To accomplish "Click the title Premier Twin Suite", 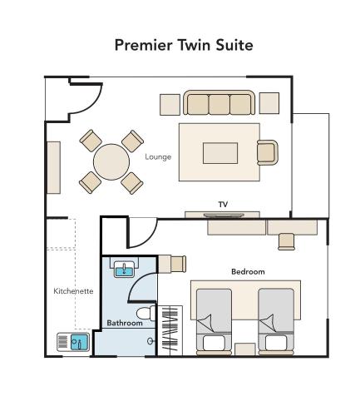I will [x=183, y=45].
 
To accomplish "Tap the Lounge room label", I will [x=158, y=156].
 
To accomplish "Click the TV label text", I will [x=223, y=204].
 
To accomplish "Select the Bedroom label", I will [x=248, y=272].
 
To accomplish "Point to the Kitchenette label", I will [x=73, y=291].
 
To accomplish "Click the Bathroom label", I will [x=125, y=323].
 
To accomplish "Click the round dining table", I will [x=111, y=161].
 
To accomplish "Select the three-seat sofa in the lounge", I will [x=219, y=104].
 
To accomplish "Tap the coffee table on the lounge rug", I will [x=220, y=153].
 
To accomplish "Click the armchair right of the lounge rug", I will [x=267, y=152].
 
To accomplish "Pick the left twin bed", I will [x=214, y=320].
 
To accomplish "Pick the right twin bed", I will [x=276, y=320].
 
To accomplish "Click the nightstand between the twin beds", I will [x=245, y=349].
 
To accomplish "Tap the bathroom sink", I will [x=124, y=268].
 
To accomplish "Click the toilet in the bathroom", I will [x=145, y=314].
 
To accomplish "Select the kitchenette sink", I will [x=74, y=342].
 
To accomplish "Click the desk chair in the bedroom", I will [x=286, y=240].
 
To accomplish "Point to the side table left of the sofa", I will [x=170, y=104].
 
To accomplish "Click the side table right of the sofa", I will [x=269, y=103].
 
